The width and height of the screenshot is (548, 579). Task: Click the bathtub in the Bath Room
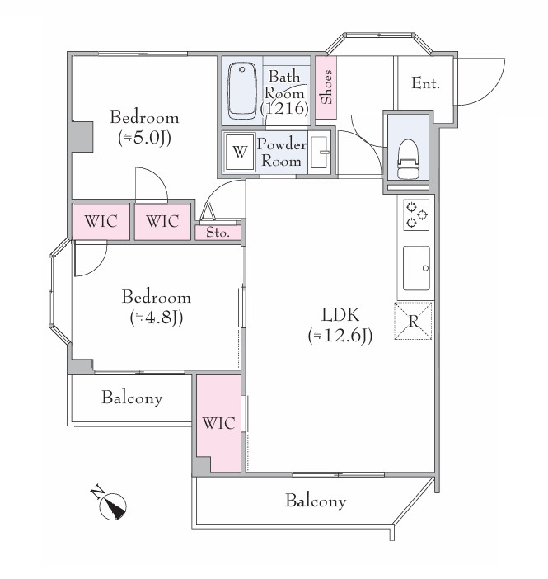pos(242,91)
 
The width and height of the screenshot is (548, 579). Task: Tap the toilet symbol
pos(408,159)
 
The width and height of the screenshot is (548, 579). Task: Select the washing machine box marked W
pos(240,152)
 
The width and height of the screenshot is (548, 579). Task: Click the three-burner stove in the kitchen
pos(416,215)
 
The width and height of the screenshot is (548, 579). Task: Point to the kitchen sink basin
pos(416,268)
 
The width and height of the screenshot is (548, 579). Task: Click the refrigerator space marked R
pos(413,321)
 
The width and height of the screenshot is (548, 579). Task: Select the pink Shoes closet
pos(326,87)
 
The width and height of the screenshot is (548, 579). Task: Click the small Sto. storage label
pos(218,233)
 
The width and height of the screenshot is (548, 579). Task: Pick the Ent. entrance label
pos(425,83)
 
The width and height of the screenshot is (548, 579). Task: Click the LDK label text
pos(340,315)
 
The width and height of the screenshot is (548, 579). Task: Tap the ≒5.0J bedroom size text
pos(144,138)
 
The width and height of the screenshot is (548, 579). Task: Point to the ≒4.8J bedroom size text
pos(156,318)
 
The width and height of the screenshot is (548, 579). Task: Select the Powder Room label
pos(281,152)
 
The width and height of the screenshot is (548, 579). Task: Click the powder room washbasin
pos(319,152)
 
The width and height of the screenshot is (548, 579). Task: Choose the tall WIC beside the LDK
pos(218,423)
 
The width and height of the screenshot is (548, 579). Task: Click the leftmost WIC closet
pos(101,221)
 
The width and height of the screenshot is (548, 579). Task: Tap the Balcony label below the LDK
pos(316,501)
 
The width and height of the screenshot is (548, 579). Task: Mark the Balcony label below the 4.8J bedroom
pos(132,398)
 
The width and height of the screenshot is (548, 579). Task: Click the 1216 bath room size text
pos(284,108)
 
